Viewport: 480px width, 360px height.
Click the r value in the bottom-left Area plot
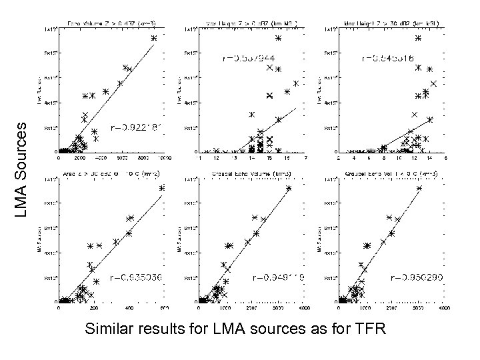(135, 275)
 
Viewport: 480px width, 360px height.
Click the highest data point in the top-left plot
(154, 38)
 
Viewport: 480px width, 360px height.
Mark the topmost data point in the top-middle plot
(278, 38)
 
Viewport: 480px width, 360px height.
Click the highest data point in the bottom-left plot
(161, 189)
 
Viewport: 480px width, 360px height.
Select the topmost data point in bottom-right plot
(419, 189)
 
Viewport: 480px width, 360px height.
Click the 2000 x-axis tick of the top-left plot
(80, 159)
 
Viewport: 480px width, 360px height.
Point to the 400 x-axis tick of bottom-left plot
(128, 309)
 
